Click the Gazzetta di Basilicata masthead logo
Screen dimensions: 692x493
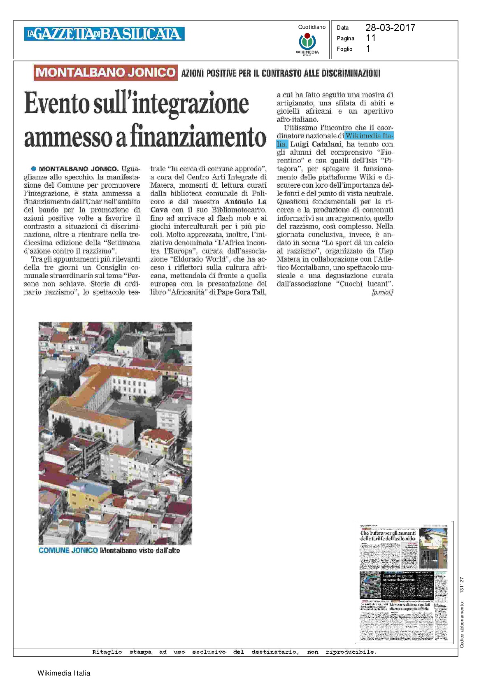(104, 34)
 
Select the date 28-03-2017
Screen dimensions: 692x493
(390, 28)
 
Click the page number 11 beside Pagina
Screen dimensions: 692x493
(370, 38)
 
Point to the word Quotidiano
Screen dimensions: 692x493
(312, 27)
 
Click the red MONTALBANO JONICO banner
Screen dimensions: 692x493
(106, 72)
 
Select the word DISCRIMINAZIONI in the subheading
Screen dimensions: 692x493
(353, 73)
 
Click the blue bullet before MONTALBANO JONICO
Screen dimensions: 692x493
(34, 169)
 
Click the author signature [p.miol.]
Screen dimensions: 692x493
(382, 292)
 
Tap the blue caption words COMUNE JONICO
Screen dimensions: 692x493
(68, 550)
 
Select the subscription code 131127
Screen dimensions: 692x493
(462, 585)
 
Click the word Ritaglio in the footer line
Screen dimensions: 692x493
(107, 652)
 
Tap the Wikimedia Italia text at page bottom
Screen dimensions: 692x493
(64, 673)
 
